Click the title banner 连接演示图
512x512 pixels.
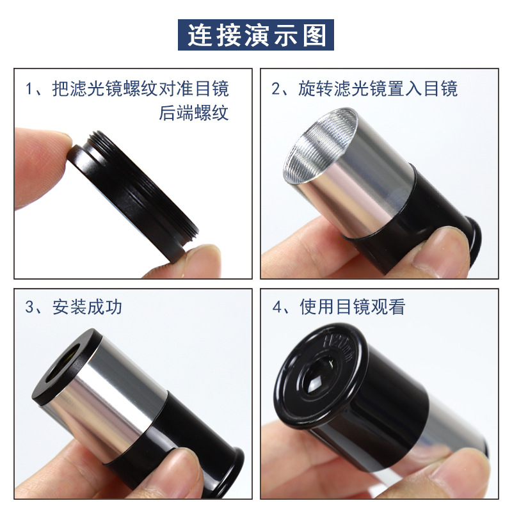click(x=256, y=35)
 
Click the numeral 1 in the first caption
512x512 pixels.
click(x=29, y=89)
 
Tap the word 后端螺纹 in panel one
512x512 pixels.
click(x=193, y=113)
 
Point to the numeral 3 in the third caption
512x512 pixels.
click(x=29, y=307)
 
